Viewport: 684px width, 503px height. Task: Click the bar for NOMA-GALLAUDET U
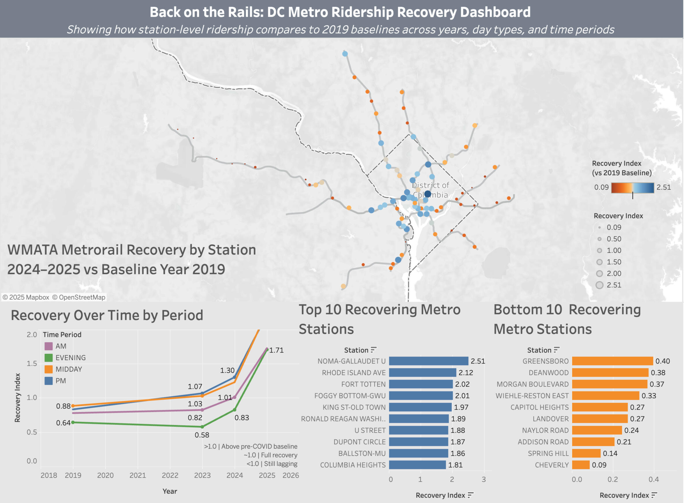(428, 361)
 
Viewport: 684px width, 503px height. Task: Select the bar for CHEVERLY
(580, 465)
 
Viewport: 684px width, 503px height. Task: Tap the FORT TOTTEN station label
(363, 384)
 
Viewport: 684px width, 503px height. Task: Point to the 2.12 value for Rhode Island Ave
(465, 373)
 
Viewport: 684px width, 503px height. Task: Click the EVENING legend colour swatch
(49, 357)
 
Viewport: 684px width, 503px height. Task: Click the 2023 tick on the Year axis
(202, 475)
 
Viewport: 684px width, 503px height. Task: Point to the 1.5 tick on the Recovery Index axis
(32, 363)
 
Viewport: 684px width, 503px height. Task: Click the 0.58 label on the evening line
(202, 435)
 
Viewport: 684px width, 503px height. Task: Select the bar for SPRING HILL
(586, 453)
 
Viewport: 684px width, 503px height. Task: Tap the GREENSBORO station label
(545, 361)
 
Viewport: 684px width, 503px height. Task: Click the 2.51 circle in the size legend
(599, 285)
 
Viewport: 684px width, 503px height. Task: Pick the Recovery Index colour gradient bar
(633, 187)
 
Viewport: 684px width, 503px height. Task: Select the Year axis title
(170, 491)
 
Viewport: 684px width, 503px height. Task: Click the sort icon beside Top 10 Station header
(374, 350)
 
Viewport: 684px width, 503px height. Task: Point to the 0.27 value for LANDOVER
(637, 419)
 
